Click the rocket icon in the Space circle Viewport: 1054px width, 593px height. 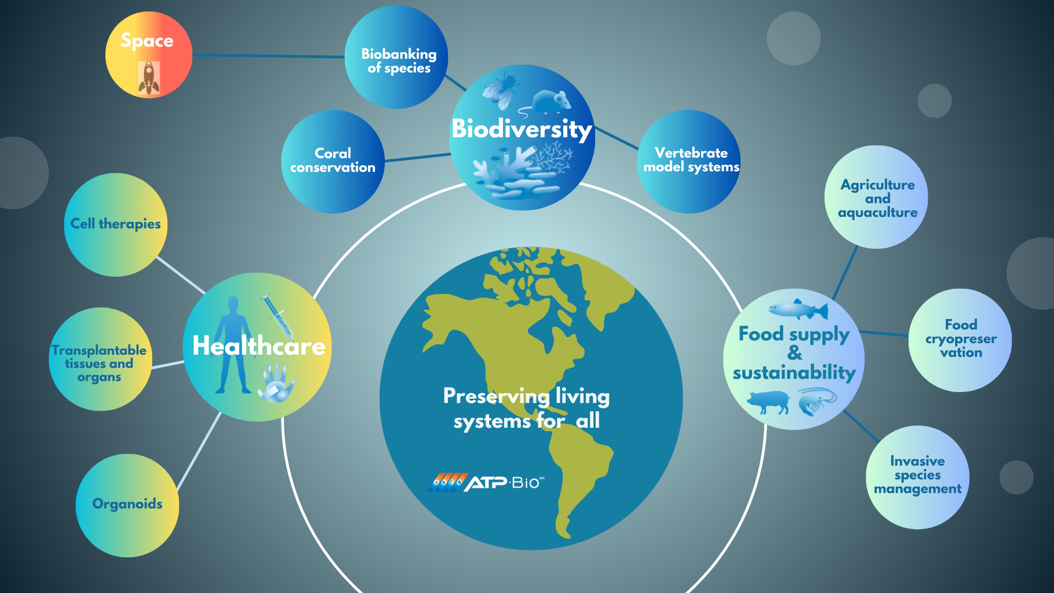tap(149, 77)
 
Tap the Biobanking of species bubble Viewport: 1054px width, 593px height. tap(396, 57)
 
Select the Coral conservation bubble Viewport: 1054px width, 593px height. tap(333, 161)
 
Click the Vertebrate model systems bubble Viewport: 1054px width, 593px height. tap(689, 161)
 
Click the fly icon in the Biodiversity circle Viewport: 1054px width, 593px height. tap(501, 88)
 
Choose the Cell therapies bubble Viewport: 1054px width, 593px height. tap(116, 225)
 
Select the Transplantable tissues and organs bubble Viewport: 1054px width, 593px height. tap(100, 359)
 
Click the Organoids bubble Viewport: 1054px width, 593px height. tap(127, 505)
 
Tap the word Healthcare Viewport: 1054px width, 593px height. tap(259, 346)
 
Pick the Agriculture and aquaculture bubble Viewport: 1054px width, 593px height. tap(876, 197)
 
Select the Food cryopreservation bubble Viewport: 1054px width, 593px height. tap(960, 340)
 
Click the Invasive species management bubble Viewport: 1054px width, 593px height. tap(917, 477)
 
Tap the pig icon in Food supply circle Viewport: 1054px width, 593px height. tap(769, 402)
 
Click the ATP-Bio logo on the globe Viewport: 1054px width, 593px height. tap(486, 482)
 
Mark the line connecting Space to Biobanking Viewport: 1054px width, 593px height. tap(268, 55)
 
